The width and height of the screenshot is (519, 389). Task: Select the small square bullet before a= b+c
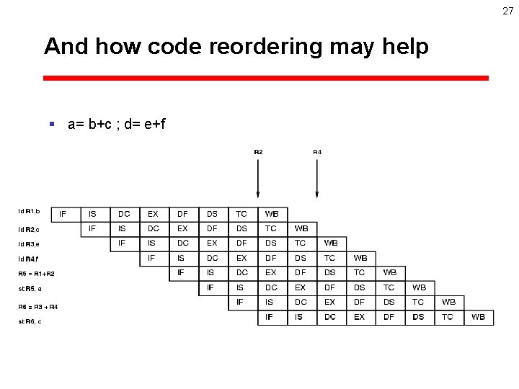51,124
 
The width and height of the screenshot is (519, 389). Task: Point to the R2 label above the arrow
258,152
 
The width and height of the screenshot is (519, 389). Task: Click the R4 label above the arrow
317,152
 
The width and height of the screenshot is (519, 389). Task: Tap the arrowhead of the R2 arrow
258,194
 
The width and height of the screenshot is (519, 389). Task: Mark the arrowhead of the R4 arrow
317,194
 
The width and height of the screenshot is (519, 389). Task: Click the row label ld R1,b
29,212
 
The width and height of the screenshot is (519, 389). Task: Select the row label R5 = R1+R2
36,274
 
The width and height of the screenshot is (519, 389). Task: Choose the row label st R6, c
30,321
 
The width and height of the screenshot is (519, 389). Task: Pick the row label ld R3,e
29,244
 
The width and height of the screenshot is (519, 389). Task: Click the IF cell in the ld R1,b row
63,214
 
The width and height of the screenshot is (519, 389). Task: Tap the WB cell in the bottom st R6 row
478,317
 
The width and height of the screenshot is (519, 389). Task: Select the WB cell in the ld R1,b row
272,214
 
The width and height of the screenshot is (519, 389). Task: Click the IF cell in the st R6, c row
270,317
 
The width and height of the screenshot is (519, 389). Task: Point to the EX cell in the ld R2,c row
182,228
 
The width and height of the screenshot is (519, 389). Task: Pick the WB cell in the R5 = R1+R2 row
390,273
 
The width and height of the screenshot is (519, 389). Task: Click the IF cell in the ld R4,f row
151,258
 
